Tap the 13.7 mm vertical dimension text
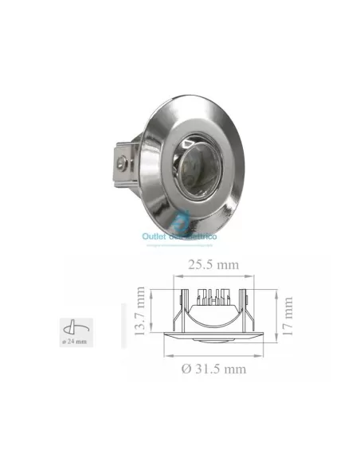tap(140, 313)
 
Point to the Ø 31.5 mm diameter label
tap(213, 369)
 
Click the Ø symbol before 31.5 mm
tap(186, 369)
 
